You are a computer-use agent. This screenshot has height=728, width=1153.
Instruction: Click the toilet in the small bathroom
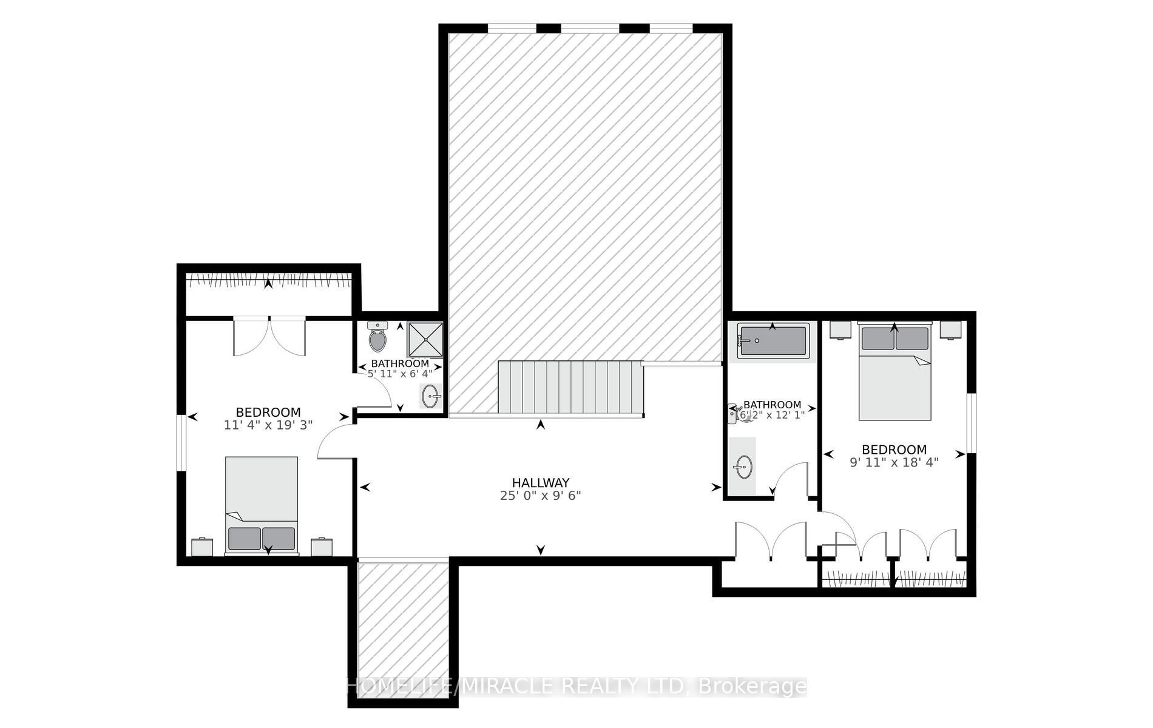click(x=377, y=338)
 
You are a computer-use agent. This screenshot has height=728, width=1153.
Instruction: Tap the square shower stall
click(x=425, y=340)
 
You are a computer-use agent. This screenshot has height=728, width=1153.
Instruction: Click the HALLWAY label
click(x=540, y=483)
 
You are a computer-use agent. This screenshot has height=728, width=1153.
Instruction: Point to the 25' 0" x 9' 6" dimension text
click(x=540, y=496)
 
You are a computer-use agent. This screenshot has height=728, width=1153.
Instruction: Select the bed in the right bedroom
click(x=894, y=371)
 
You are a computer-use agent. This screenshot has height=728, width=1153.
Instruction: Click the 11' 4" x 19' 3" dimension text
click(x=268, y=425)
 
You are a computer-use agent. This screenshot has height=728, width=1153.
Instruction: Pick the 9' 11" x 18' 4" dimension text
click(x=894, y=462)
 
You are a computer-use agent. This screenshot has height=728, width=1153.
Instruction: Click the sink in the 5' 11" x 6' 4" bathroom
click(x=431, y=397)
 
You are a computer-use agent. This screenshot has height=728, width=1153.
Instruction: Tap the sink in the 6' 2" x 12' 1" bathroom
click(x=743, y=466)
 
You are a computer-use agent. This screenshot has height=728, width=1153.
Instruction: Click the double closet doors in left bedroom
click(x=269, y=337)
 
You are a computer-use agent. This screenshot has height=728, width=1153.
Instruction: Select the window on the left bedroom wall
click(x=181, y=442)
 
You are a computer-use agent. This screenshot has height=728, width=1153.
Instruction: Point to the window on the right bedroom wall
click(x=972, y=423)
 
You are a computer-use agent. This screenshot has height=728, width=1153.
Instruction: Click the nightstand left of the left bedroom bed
click(x=202, y=547)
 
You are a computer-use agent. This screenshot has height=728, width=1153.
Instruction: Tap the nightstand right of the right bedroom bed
click(x=950, y=330)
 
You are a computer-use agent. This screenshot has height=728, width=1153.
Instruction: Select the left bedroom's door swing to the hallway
click(x=334, y=441)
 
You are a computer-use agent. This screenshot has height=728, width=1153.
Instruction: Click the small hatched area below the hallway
click(x=403, y=631)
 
